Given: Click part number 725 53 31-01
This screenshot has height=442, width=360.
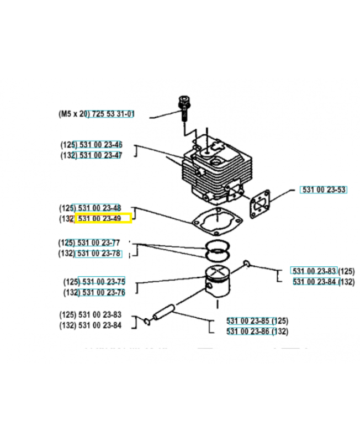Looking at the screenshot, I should (x=112, y=114).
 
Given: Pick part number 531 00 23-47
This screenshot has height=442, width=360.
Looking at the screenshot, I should (x=100, y=155).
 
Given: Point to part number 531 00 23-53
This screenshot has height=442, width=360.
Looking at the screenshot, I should (x=324, y=190).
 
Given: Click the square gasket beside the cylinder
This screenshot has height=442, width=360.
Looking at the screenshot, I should (x=257, y=203).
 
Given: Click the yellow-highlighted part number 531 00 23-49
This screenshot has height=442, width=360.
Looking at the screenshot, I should (x=103, y=219).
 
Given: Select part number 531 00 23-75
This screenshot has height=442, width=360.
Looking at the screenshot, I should (x=102, y=281).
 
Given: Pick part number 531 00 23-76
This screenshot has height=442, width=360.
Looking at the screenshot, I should (x=102, y=292).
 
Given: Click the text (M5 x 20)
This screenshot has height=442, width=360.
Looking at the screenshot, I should (x=72, y=114).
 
